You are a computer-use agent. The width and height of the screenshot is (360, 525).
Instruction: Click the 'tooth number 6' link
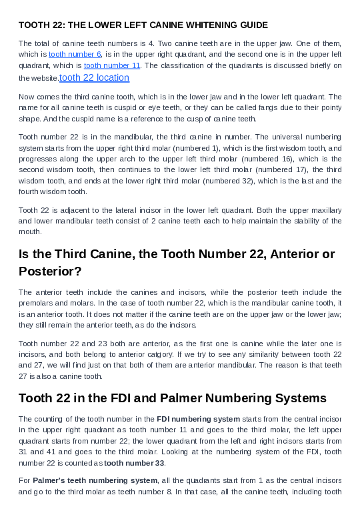coord(75,53)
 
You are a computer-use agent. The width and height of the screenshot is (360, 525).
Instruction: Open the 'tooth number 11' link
coord(112,65)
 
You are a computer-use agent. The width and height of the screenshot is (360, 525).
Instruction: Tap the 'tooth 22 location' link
coord(94,77)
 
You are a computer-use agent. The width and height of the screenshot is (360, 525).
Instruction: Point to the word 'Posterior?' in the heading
coord(49,271)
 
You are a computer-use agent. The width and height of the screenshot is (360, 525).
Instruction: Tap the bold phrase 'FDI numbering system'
coord(198,419)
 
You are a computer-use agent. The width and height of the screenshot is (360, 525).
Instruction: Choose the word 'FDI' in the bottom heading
coord(143,398)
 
